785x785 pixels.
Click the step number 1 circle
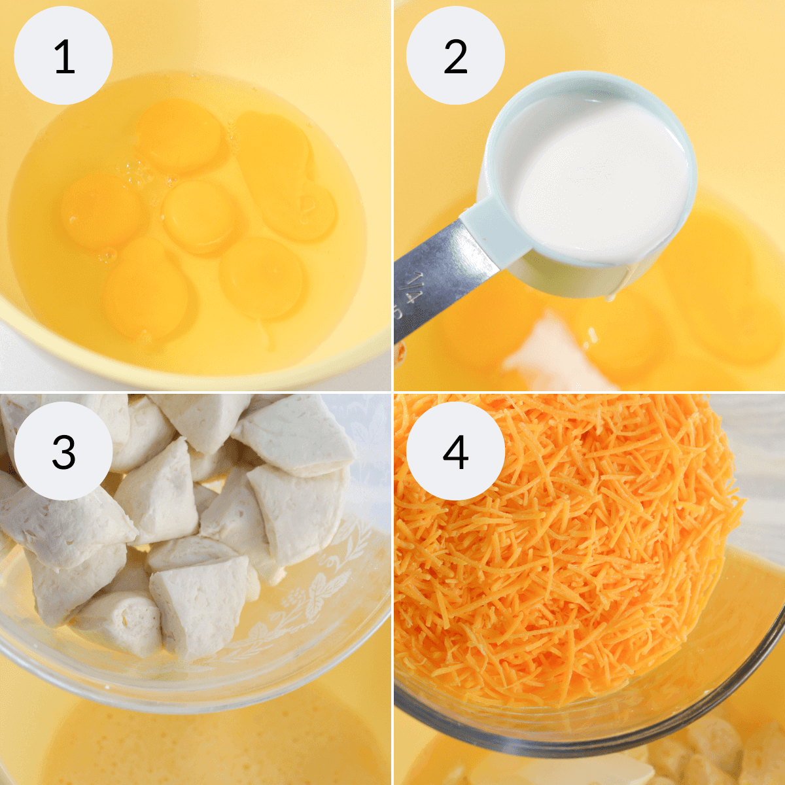click(63, 56)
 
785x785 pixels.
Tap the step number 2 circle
click(455, 56)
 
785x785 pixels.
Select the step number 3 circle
click(63, 451)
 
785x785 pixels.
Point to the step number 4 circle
click(455, 451)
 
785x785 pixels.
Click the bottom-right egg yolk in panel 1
click(262, 278)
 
